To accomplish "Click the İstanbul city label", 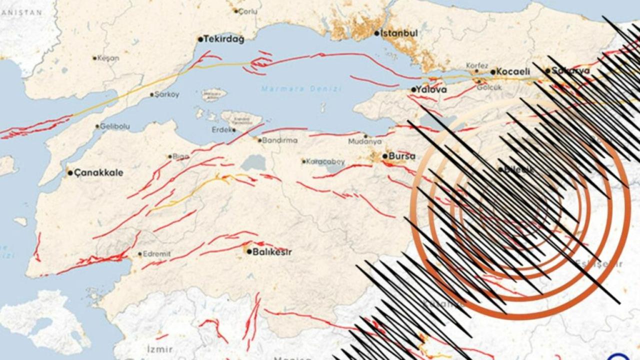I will click(x=399, y=33).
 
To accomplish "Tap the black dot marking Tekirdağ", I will click(x=200, y=39).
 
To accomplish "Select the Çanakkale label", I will click(x=99, y=173).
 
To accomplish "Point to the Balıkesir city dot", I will click(x=249, y=251).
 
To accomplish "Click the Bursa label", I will click(x=402, y=156).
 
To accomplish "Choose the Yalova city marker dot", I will click(x=413, y=90).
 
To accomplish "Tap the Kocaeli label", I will click(x=513, y=71).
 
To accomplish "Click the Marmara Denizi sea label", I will click(x=301, y=89).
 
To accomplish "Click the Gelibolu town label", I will click(x=114, y=126).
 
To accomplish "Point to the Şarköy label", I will click(x=167, y=94).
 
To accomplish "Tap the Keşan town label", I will click(x=108, y=58).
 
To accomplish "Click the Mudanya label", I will click(x=364, y=142).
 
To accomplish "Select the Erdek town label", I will click(x=222, y=130).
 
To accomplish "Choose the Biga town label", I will click(x=180, y=156).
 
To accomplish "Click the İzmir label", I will click(x=160, y=349).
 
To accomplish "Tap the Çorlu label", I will click(x=248, y=11).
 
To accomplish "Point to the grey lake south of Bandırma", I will click(x=253, y=162).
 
